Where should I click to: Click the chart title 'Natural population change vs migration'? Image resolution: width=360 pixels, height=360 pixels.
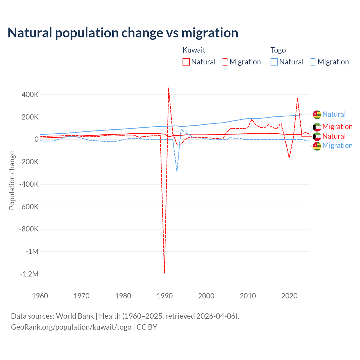click(123, 33)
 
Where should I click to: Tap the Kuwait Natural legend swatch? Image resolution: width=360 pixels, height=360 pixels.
click(186, 62)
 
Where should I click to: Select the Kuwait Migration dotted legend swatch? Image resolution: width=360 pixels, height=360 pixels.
click(224, 62)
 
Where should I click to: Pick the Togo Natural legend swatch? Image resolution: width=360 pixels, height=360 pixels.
click(274, 62)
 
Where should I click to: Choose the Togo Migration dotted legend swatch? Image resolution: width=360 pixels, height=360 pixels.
click(312, 62)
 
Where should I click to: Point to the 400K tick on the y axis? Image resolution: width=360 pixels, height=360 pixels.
click(30, 94)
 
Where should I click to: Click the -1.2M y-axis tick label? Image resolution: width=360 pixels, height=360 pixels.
click(29, 274)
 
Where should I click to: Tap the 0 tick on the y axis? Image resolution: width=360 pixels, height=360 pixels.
click(36, 139)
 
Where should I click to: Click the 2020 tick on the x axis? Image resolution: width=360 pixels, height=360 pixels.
click(289, 296)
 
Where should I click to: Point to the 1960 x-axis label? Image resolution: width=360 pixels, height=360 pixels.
click(40, 296)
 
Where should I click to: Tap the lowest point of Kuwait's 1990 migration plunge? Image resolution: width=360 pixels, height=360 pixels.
click(164, 273)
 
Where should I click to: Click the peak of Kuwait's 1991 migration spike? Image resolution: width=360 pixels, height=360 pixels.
click(168, 88)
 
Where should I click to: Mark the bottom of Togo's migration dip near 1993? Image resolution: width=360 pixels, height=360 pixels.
click(177, 171)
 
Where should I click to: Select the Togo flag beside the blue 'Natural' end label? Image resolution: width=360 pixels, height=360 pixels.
click(317, 115)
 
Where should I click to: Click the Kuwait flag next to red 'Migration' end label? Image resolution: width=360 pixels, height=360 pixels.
click(317, 127)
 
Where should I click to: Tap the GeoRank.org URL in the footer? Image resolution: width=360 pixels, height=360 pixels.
click(71, 327)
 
